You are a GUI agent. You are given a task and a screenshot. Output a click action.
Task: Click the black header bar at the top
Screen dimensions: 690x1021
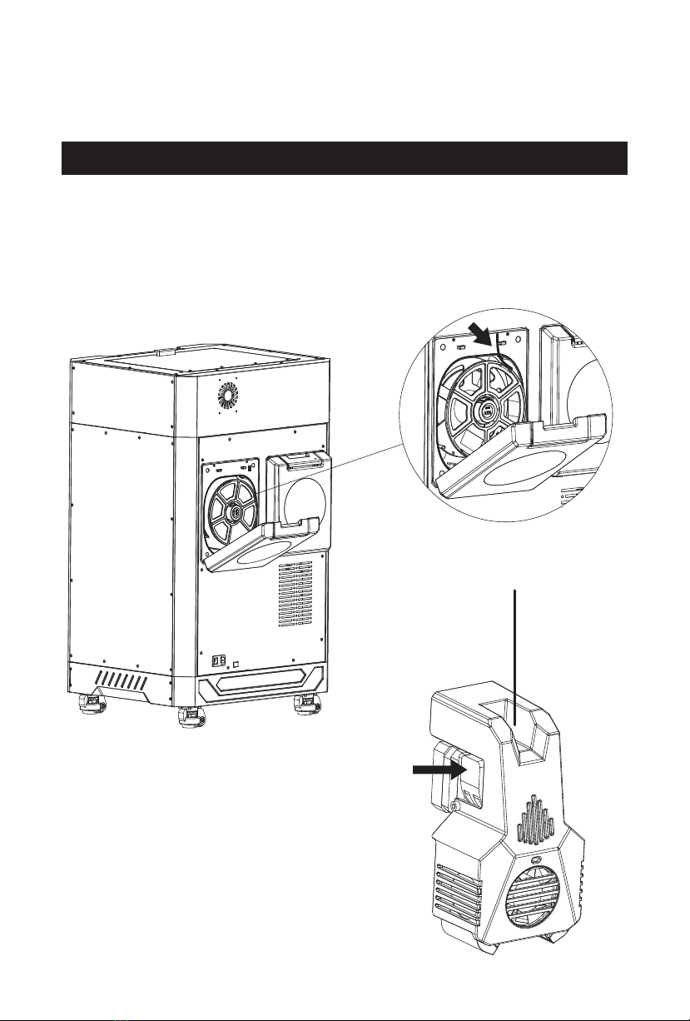tap(345, 158)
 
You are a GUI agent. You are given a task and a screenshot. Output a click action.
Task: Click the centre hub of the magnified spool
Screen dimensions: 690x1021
tap(484, 411)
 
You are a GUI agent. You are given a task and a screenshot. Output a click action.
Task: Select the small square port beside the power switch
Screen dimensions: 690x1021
tap(237, 664)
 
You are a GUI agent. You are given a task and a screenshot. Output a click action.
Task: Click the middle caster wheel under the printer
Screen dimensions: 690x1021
tap(192, 717)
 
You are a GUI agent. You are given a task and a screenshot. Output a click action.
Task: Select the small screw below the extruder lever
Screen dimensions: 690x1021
tap(454, 807)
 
